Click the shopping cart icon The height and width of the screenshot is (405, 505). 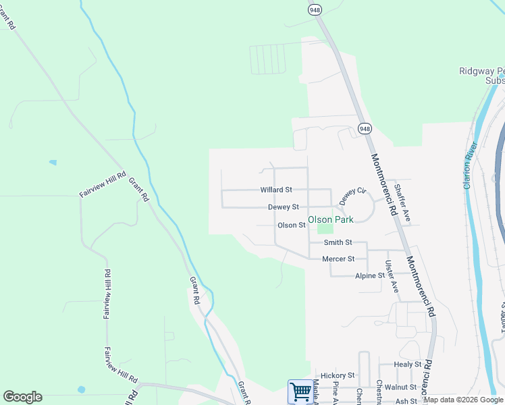(x=299, y=391)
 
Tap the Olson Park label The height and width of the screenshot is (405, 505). (x=331, y=219)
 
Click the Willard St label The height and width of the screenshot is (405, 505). (x=276, y=190)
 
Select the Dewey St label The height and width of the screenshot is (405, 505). (x=283, y=207)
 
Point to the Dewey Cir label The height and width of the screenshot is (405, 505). (x=352, y=196)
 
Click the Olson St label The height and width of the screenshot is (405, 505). (x=292, y=225)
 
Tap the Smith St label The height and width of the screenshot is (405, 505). (x=338, y=242)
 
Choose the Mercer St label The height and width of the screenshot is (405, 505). (x=338, y=259)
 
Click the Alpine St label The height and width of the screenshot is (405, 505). (x=370, y=275)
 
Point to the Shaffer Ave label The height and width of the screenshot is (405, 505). (x=402, y=203)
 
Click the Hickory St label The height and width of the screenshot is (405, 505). (x=338, y=375)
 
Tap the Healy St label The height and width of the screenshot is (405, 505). (x=407, y=364)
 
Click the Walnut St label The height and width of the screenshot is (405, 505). (x=402, y=387)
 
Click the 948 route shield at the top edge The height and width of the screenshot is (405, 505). (x=314, y=9)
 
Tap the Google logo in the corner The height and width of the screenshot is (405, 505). (x=22, y=397)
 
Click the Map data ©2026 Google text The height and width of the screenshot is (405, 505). (x=463, y=400)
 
